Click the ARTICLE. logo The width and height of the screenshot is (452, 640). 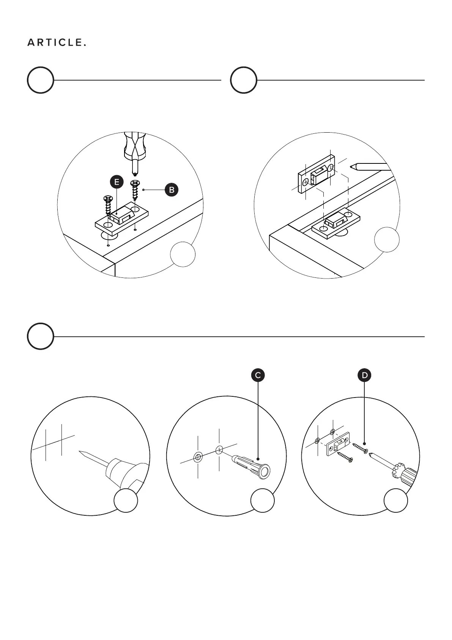57,43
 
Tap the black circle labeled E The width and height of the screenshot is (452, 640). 117,182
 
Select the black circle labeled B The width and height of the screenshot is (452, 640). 172,190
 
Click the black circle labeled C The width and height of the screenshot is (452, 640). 258,375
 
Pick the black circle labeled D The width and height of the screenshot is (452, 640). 365,375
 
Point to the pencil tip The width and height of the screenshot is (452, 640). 352,166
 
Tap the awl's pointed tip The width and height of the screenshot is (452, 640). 80,451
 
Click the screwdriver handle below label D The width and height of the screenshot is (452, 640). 406,475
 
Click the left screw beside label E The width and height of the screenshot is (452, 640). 108,205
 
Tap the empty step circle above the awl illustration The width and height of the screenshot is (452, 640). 40,336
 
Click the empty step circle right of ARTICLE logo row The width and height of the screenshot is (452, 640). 244,80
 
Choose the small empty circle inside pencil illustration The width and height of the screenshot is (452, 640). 387,239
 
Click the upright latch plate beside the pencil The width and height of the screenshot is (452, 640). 316,175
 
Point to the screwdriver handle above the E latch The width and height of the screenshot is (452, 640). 134,145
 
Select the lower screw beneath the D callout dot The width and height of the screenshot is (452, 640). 345,457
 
